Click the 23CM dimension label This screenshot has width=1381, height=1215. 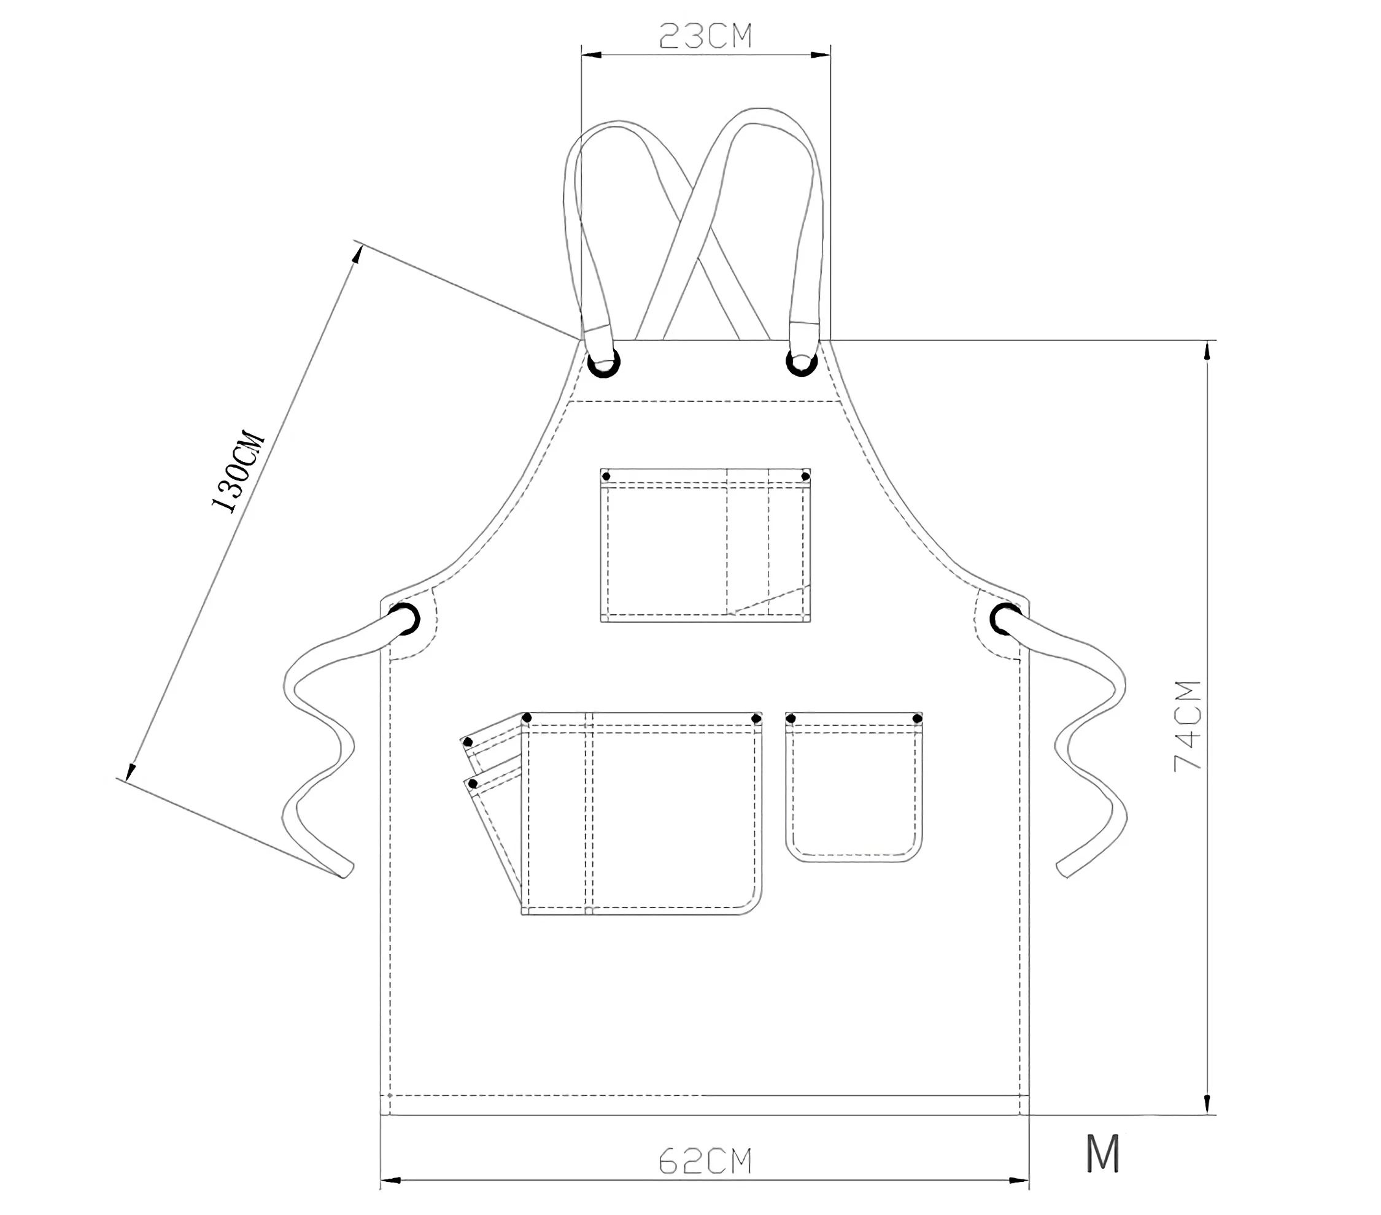[705, 36]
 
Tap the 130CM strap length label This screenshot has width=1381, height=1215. [238, 471]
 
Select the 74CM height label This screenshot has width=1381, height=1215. [1188, 726]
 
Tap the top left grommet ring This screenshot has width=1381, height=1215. [604, 363]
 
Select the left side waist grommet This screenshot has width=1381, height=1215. [404, 619]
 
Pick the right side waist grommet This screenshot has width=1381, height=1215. [1006, 619]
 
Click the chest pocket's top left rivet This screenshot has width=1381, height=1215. [606, 476]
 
